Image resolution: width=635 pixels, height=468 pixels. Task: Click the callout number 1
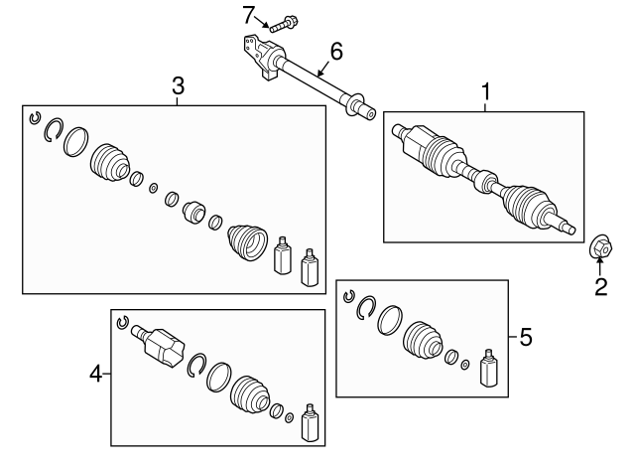click(x=485, y=91)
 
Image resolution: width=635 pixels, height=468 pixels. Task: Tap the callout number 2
click(x=601, y=287)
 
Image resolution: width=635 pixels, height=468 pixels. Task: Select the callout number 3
click(x=179, y=86)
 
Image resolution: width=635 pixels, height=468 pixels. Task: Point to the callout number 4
click(x=96, y=374)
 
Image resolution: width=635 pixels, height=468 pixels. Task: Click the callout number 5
click(x=526, y=337)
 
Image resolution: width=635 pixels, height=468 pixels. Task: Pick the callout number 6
click(x=336, y=52)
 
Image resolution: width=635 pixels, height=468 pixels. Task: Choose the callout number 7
click(x=248, y=16)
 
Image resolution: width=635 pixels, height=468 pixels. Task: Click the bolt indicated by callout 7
click(x=283, y=24)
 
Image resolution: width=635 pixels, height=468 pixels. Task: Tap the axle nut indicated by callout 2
click(x=600, y=246)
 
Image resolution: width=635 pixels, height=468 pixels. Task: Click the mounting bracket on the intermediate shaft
click(x=261, y=57)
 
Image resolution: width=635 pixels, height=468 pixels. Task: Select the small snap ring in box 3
click(x=36, y=117)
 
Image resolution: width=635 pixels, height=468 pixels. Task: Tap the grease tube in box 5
click(x=489, y=368)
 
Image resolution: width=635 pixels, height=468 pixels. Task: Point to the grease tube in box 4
click(x=311, y=422)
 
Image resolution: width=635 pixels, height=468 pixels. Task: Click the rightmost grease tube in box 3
click(x=310, y=267)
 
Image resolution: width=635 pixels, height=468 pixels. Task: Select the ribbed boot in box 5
click(x=423, y=342)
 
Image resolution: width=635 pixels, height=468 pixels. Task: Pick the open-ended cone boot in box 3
click(x=248, y=241)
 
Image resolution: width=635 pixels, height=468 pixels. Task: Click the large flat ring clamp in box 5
click(x=390, y=320)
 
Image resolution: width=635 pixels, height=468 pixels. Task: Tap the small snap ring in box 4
click(x=122, y=322)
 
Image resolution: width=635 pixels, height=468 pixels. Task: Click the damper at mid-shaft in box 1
click(x=485, y=182)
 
